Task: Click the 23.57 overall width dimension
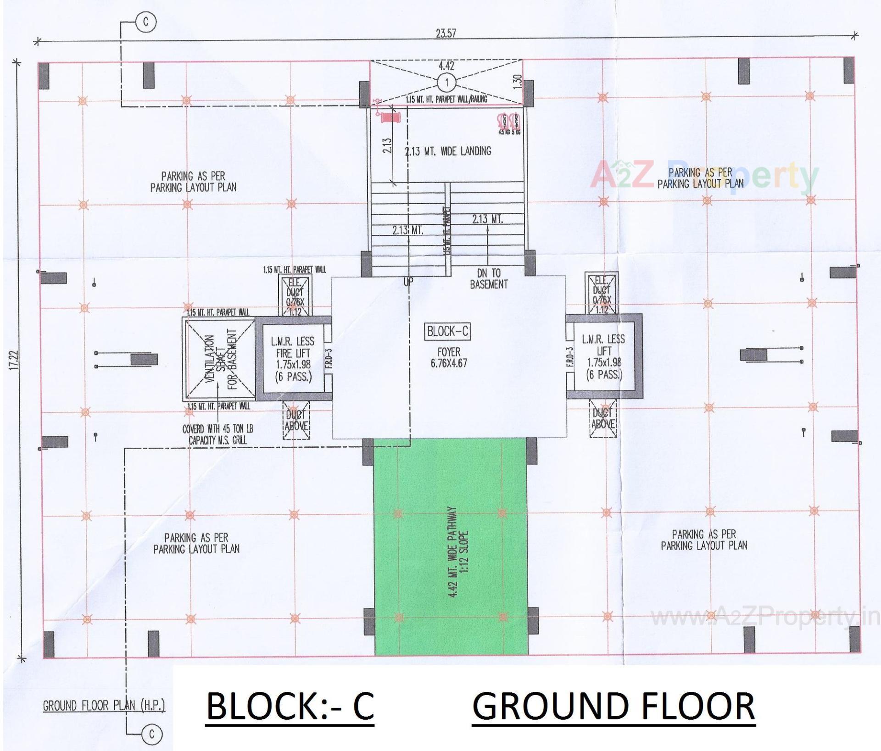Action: pos(446,33)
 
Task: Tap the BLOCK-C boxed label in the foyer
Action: pos(448,331)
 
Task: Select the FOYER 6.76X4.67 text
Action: pos(448,358)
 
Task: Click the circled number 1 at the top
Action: pos(446,83)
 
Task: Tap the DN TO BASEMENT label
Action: pos(489,278)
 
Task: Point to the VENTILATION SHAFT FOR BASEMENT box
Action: pos(220,359)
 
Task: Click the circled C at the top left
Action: pos(146,22)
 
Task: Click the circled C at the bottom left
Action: pos(151,734)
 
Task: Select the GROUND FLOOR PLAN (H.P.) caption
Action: pos(104,705)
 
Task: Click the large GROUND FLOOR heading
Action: pos(613,706)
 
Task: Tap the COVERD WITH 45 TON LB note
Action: pos(217,434)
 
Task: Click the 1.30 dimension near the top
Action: pos(518,82)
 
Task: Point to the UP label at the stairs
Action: pos(408,283)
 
